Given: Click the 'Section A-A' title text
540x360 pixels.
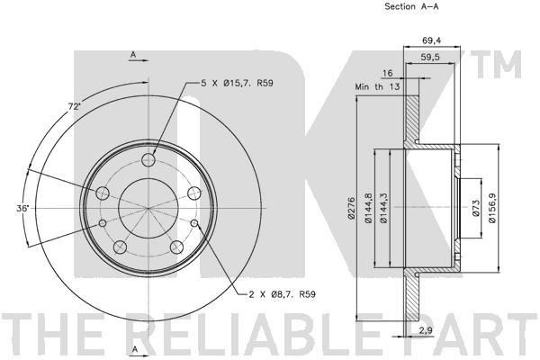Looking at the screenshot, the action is click(x=411, y=6).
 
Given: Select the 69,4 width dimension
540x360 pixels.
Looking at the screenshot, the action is click(x=431, y=40).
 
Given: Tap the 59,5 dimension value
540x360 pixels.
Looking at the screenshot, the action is click(x=430, y=58).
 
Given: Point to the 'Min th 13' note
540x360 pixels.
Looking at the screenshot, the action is click(x=377, y=86).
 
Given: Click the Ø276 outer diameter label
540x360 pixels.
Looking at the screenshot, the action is click(x=351, y=208).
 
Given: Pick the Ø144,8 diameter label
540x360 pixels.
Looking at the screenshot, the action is click(x=368, y=208).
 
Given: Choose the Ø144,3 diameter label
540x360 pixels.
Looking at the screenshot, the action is click(x=383, y=208).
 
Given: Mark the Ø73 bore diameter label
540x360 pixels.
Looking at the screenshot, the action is click(x=476, y=208).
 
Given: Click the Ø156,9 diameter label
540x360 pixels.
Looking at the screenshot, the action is click(x=492, y=208).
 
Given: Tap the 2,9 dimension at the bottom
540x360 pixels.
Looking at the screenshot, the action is click(x=426, y=330).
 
